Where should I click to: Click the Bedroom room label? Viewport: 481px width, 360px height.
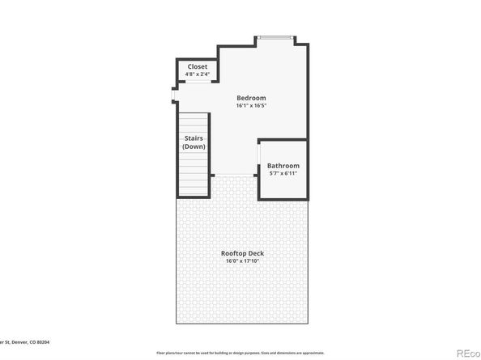(x=251, y=98)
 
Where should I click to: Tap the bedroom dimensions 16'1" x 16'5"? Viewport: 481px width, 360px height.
(x=251, y=106)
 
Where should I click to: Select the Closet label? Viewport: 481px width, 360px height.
(x=198, y=66)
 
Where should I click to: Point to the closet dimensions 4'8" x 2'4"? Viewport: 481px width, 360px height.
(x=198, y=74)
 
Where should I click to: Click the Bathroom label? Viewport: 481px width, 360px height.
(x=283, y=166)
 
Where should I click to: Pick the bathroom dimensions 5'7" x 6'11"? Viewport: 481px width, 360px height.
(x=283, y=174)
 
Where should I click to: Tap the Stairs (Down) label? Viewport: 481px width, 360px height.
(x=194, y=142)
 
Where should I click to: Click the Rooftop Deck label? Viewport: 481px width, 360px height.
(x=243, y=253)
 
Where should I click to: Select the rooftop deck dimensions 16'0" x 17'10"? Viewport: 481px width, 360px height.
(x=243, y=261)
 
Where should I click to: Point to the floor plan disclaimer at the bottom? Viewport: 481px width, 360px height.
(x=243, y=353)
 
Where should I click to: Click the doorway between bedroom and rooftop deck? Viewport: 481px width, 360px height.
(x=235, y=176)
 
